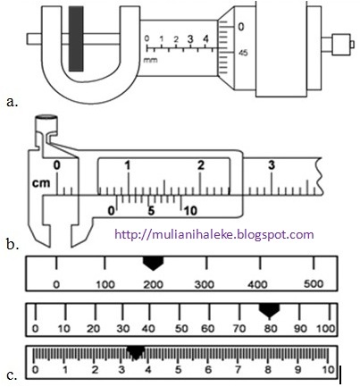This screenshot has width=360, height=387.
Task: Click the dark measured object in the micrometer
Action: (x=76, y=38)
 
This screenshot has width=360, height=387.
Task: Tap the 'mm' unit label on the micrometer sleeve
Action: (x=150, y=60)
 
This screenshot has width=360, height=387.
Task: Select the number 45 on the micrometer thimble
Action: (x=243, y=53)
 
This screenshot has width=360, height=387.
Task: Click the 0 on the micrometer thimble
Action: (x=241, y=27)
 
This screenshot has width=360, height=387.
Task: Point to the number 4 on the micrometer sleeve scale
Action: (x=205, y=38)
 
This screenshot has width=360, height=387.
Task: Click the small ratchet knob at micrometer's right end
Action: (x=341, y=45)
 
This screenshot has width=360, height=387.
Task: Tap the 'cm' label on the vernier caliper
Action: (x=41, y=183)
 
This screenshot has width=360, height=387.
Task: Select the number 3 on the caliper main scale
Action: (x=272, y=164)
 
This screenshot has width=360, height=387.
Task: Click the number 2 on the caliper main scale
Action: (x=201, y=164)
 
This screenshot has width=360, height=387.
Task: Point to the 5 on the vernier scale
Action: (x=151, y=211)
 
